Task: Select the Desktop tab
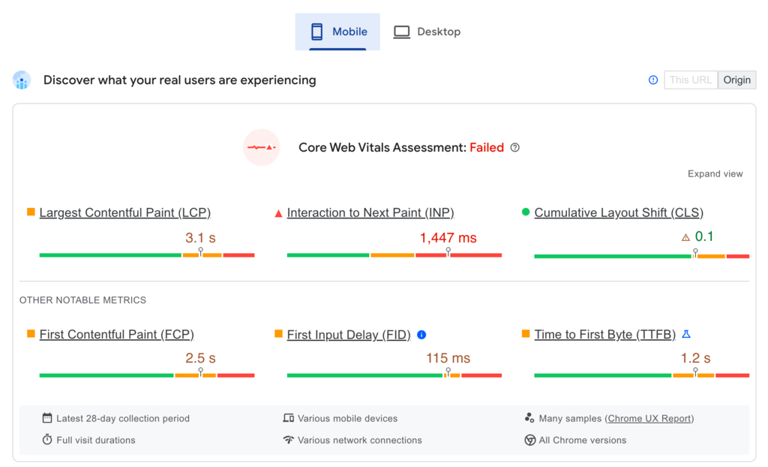[427, 32]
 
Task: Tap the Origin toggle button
[736, 80]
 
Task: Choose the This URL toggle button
[690, 80]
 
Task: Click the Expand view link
[715, 174]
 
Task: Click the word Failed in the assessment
[487, 148]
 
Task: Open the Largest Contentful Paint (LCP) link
[124, 213]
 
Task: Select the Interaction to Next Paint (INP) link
[370, 213]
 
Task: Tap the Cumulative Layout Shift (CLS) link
[619, 213]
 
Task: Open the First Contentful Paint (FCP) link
[116, 335]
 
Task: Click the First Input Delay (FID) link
[349, 335]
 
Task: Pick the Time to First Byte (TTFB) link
[604, 335]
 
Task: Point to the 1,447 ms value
[448, 238]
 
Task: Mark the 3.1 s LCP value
[200, 238]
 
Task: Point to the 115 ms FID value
[448, 358]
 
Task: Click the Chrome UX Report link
[649, 419]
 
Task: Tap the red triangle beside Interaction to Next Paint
[278, 213]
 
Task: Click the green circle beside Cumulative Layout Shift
[526, 212]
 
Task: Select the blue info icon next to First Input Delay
[421, 335]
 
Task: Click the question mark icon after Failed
[514, 148]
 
